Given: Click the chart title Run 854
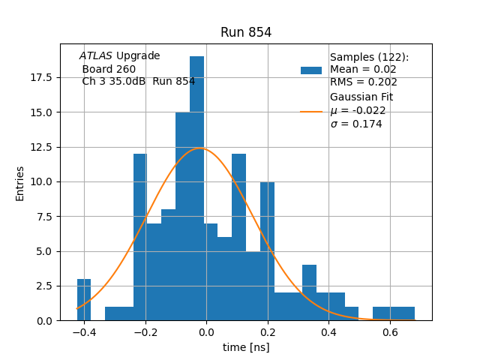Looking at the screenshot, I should (246, 32).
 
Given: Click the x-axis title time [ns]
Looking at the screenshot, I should (246, 347).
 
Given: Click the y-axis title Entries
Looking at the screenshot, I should (20, 183).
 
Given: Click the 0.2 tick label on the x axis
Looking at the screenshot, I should (268, 332).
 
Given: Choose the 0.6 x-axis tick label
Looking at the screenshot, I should (390, 332).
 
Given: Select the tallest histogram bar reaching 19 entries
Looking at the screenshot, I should (196, 187).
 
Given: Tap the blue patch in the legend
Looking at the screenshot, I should (311, 70).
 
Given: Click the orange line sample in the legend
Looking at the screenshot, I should (311, 111).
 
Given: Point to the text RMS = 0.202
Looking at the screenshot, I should (363, 82).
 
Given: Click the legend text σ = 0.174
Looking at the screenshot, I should (355, 124).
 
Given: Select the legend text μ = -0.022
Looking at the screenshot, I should (358, 110).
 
